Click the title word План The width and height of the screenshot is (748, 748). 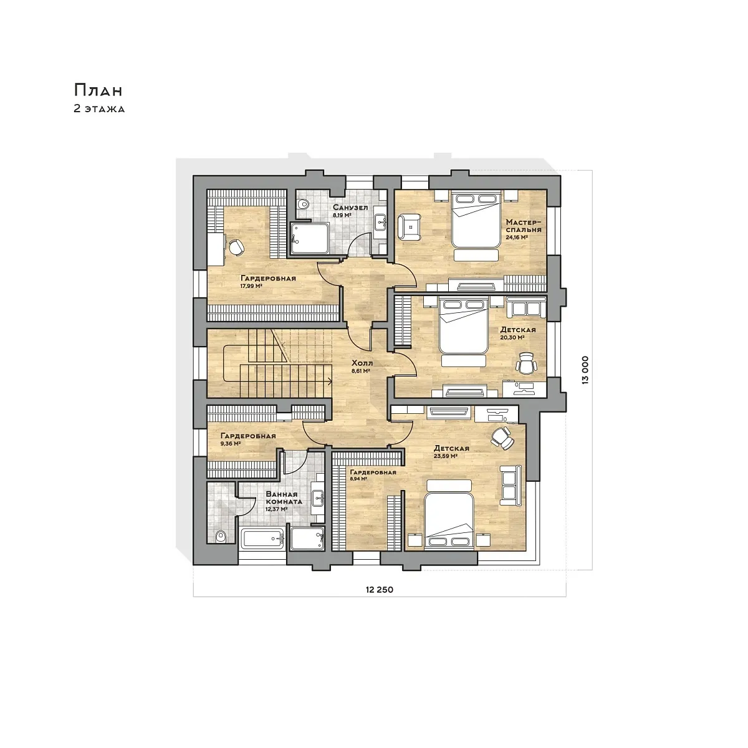(x=98, y=90)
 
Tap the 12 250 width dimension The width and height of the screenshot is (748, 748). (x=379, y=590)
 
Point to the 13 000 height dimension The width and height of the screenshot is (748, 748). (x=585, y=370)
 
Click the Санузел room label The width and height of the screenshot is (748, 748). (x=350, y=208)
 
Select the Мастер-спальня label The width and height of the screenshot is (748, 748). (x=523, y=226)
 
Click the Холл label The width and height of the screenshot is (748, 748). (x=362, y=363)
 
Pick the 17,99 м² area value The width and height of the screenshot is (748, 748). (x=251, y=286)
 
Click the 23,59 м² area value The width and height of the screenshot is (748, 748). (x=445, y=456)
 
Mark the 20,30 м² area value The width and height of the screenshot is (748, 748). (x=512, y=337)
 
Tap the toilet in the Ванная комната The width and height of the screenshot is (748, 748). (x=221, y=537)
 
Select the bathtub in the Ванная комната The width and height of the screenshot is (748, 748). (x=263, y=539)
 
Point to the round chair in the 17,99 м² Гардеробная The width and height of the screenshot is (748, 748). (x=236, y=247)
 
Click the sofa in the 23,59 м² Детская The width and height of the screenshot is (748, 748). (x=510, y=486)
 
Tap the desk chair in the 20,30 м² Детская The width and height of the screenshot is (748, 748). (x=525, y=363)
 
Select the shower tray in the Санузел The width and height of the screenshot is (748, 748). (x=310, y=238)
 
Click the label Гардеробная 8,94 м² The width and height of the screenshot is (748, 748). (x=373, y=475)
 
